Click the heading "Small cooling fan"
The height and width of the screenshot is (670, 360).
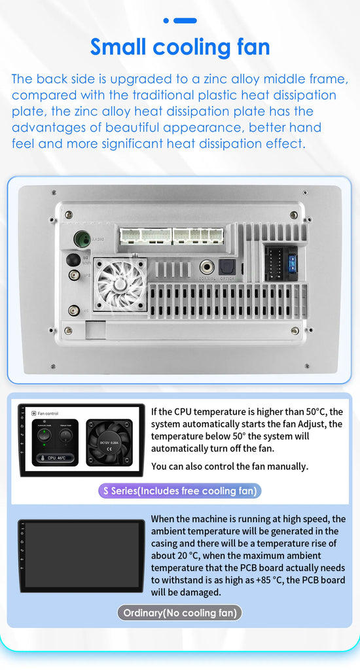(x=180, y=47)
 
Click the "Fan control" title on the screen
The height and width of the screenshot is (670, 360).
(x=47, y=414)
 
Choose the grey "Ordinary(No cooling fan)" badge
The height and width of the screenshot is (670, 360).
(x=180, y=613)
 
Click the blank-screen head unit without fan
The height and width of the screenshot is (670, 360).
(x=81, y=555)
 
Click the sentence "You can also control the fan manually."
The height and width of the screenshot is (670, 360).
(x=229, y=467)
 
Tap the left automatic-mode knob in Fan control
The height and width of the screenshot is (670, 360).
(x=45, y=434)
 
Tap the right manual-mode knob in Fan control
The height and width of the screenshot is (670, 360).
(x=65, y=434)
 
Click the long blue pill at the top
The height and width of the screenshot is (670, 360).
(x=185, y=20)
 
